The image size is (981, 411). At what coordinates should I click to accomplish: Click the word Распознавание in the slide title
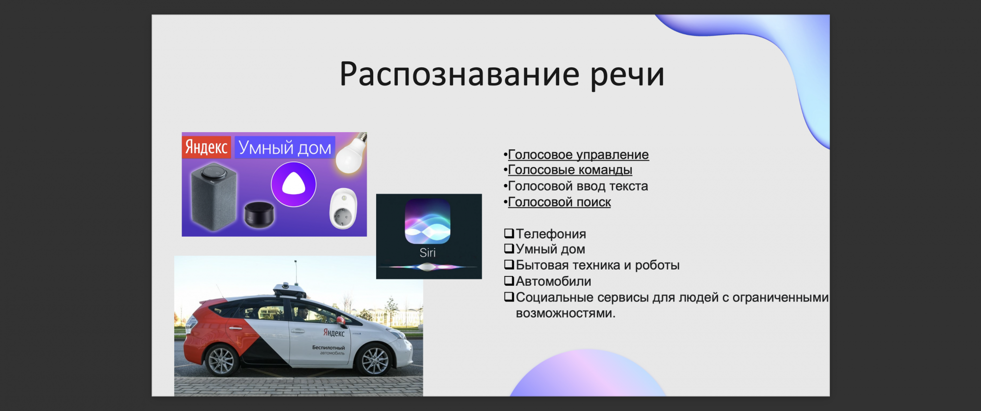pos(460,75)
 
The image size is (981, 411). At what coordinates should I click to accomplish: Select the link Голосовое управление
pos(578,155)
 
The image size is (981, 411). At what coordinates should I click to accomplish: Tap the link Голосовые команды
pos(570,170)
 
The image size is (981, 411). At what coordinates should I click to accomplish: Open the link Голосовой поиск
pos(560,202)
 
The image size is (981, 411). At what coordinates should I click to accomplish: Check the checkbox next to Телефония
pos(509,233)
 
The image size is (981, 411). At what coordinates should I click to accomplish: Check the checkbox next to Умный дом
pos(509,248)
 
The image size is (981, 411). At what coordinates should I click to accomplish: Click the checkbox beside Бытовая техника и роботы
pos(509,265)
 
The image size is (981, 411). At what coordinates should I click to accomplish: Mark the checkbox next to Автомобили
pos(509,281)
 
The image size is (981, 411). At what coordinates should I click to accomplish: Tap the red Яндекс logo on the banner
pos(207,147)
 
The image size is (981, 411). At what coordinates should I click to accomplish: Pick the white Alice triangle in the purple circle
pos(294,184)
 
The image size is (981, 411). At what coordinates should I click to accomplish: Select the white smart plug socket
pos(343,209)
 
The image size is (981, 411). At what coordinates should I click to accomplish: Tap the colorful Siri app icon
pos(428,221)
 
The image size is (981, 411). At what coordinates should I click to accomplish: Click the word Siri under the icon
pos(428,253)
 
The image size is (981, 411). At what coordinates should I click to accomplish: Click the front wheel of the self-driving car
pos(375,360)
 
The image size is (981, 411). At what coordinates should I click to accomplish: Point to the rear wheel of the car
pos(222,360)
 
